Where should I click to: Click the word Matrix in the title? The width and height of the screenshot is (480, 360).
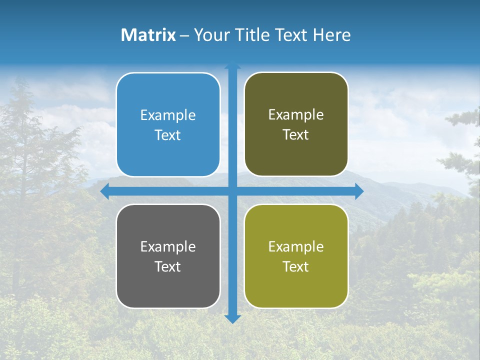[148, 35]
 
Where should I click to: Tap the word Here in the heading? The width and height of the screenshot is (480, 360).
[331, 35]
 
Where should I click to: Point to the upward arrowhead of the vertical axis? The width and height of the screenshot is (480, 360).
[232, 66]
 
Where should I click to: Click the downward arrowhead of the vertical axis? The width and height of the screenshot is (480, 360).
[232, 318]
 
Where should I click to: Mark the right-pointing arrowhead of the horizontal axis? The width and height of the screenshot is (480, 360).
[359, 191]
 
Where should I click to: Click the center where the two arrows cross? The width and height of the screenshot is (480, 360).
[232, 191]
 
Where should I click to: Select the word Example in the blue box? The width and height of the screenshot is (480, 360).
[168, 115]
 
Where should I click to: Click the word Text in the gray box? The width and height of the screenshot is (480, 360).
[168, 266]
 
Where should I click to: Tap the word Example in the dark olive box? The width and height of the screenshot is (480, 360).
[296, 114]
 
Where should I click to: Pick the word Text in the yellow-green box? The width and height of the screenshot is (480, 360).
[296, 266]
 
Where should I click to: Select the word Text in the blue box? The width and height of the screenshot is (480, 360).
[168, 135]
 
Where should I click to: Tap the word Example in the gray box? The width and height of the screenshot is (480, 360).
[168, 246]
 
